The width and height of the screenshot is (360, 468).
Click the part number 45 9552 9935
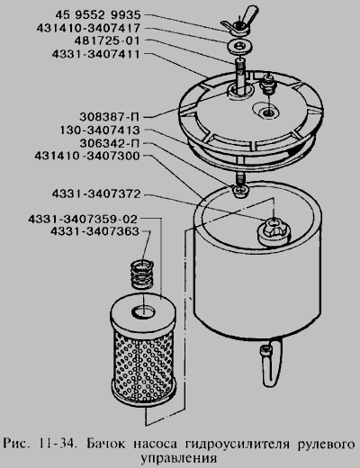coord(98,14)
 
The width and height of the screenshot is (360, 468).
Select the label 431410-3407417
coord(88,28)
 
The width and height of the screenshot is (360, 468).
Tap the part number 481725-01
coord(107,40)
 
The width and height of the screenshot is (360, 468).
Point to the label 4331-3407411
coord(96,54)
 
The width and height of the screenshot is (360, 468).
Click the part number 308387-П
coord(110,116)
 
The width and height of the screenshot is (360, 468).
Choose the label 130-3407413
coord(100,130)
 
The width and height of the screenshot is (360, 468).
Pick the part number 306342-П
coord(110,143)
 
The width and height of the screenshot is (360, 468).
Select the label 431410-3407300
coord(87,156)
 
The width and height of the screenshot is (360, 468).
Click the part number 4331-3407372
coord(96,193)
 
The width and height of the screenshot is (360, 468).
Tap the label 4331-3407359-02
coord(83,219)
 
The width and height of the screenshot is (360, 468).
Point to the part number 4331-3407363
coord(94,231)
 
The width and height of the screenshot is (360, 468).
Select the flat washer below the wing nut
coord(239,47)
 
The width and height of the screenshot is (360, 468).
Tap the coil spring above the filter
coord(142,274)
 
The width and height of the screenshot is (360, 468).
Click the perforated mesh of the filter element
coord(143,366)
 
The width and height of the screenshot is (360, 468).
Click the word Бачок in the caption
coord(105,444)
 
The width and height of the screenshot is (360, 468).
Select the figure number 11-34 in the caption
coord(56,444)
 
